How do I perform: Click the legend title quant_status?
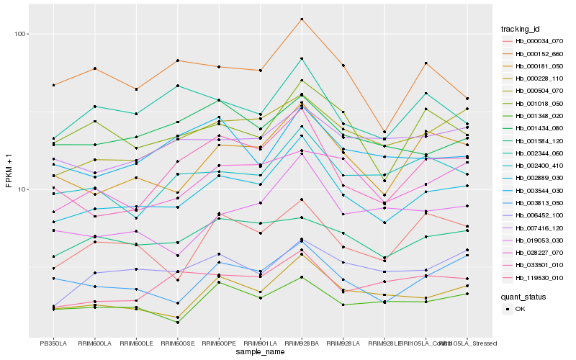[524, 296]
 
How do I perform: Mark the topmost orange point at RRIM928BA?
[302, 19]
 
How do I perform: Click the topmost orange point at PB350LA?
[53, 85]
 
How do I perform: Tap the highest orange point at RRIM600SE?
[177, 60]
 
